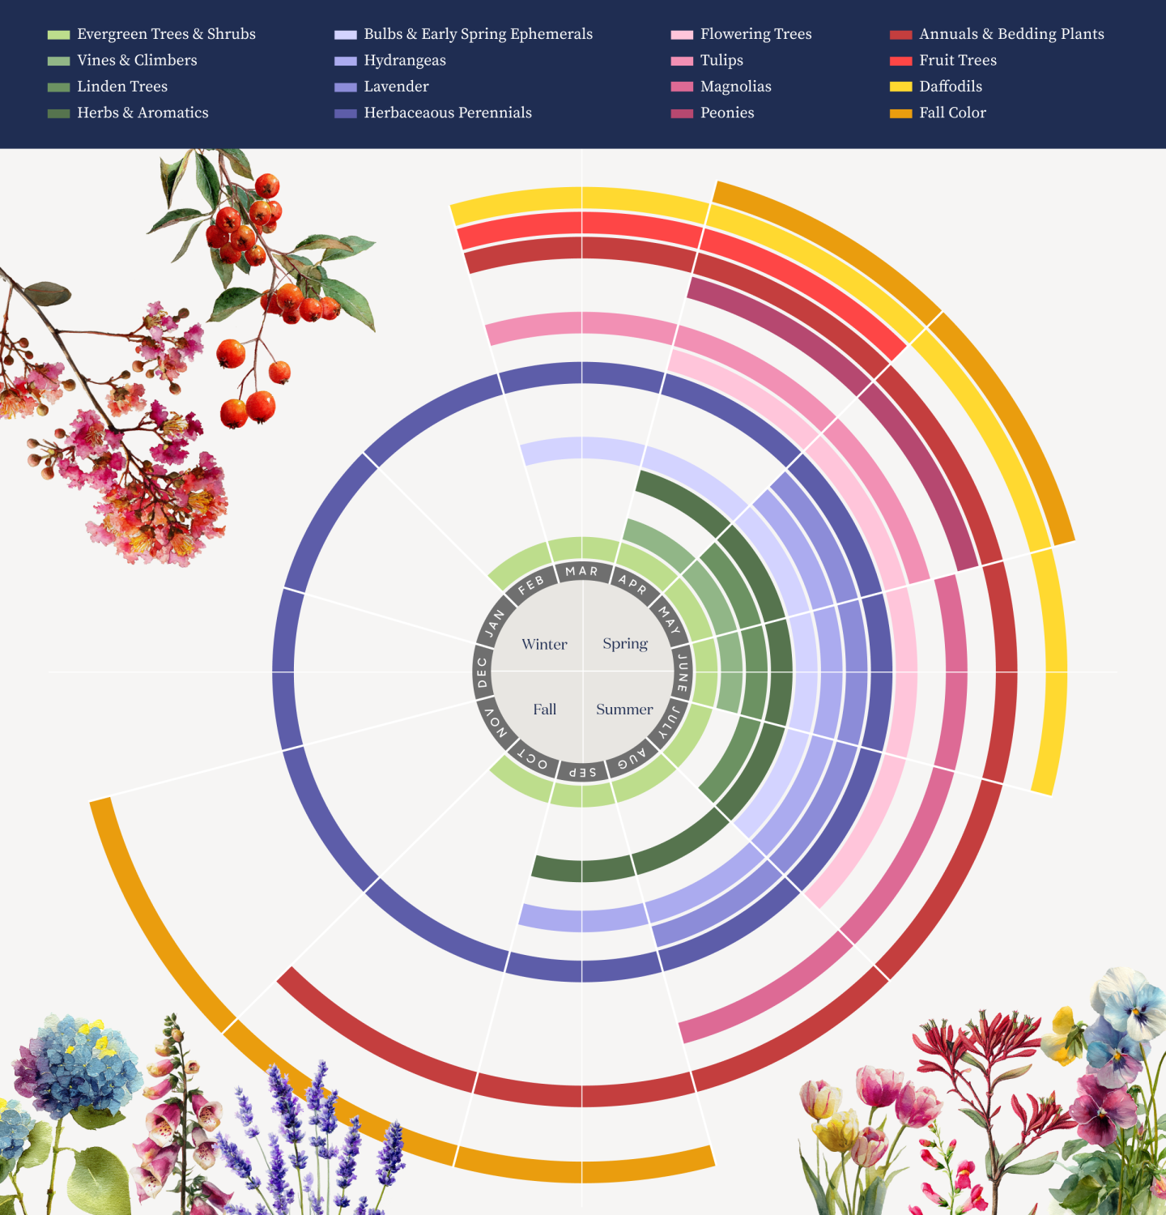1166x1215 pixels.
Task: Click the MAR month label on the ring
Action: (581, 571)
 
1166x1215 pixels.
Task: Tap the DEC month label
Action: (483, 672)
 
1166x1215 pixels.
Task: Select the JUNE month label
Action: (683, 672)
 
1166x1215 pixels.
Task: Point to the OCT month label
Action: (532, 760)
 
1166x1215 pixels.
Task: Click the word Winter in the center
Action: (544, 645)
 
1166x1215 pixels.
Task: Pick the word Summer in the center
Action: (624, 710)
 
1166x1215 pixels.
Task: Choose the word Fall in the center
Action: (544, 710)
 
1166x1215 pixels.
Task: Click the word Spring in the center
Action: (625, 644)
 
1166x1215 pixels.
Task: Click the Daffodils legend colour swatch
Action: (900, 87)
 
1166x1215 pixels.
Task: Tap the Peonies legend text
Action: (727, 113)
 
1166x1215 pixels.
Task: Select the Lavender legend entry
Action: (396, 87)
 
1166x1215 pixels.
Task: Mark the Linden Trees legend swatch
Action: (59, 87)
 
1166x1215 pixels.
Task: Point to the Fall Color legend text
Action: (952, 113)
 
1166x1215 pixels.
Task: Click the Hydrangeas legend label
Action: (405, 61)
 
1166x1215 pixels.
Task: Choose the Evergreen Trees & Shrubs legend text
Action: (166, 34)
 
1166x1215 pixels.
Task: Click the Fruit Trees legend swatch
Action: (900, 61)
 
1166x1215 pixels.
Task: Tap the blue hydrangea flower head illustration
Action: (77, 1061)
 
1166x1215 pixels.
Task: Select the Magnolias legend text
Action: (735, 87)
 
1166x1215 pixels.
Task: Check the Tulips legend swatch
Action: (682, 61)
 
